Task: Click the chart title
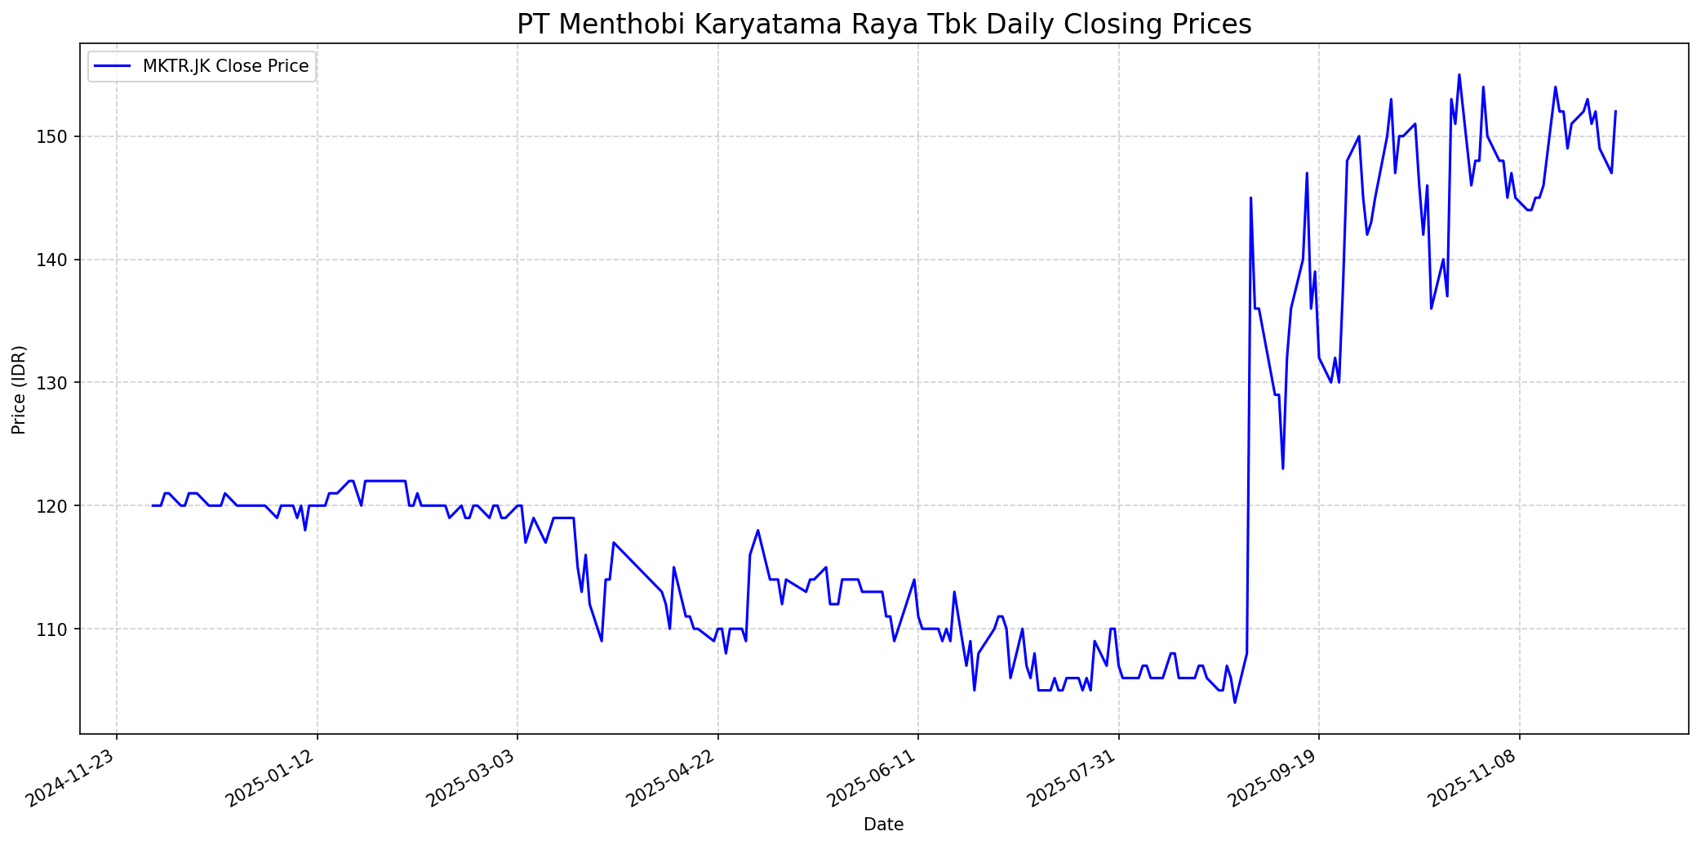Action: click(x=884, y=24)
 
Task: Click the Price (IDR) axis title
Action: click(x=20, y=389)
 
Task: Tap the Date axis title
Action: click(x=884, y=825)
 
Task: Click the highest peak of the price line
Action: click(x=1459, y=75)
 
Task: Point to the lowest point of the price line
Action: click(x=1234, y=702)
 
